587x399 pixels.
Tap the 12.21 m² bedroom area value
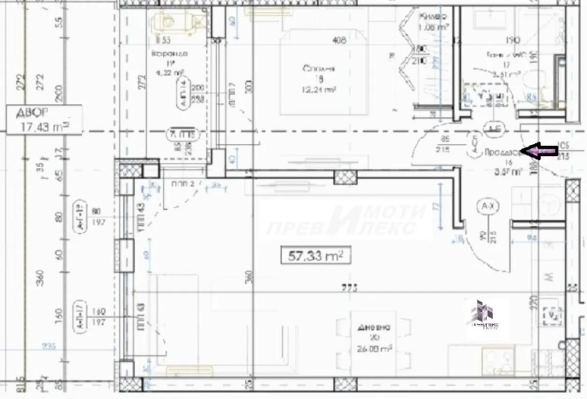click(319, 89)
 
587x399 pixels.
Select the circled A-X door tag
click(485, 207)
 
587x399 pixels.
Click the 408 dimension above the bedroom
click(339, 41)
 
